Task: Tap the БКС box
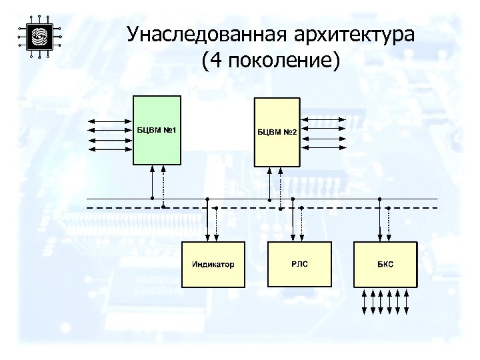pos(385,265)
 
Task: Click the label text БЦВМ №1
pos(157,129)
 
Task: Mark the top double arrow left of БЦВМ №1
pos(111,122)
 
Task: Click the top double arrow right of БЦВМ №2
pos(325,121)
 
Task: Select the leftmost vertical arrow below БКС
pos(363,301)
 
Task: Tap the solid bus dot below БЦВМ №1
pos(153,199)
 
